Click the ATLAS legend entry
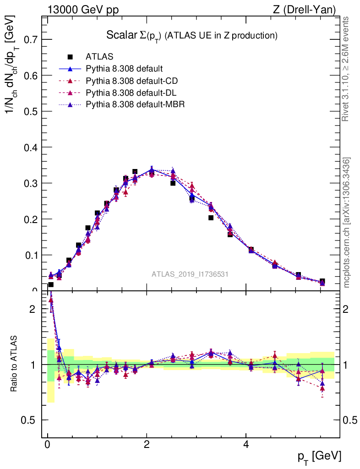click(99, 57)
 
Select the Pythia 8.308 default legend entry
click(124, 69)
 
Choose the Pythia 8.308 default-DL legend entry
click(131, 93)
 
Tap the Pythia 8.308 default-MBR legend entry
click(133, 104)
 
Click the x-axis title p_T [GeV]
click(319, 456)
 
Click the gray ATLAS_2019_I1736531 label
click(190, 274)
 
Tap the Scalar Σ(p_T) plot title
click(192, 35)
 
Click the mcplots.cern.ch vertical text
click(347, 223)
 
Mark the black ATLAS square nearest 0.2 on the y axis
click(211, 218)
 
